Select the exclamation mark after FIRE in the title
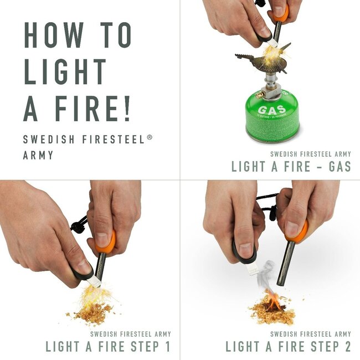pyautogui.click(x=127, y=109)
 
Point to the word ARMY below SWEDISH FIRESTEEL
pyautogui.click(x=38, y=155)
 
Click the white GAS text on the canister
pyautogui.click(x=272, y=110)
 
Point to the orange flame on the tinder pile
pyautogui.click(x=273, y=302)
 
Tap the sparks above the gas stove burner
pyautogui.click(x=272, y=53)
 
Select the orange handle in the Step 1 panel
pyautogui.click(x=105, y=241)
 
